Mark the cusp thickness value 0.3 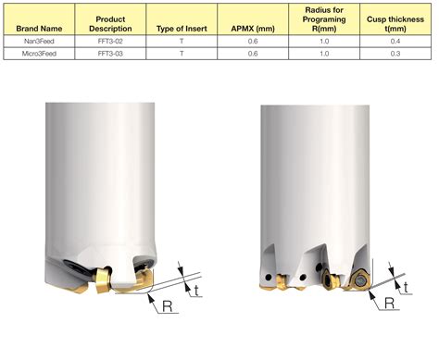395,55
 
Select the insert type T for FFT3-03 182,55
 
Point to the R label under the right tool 388,302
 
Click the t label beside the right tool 407,287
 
